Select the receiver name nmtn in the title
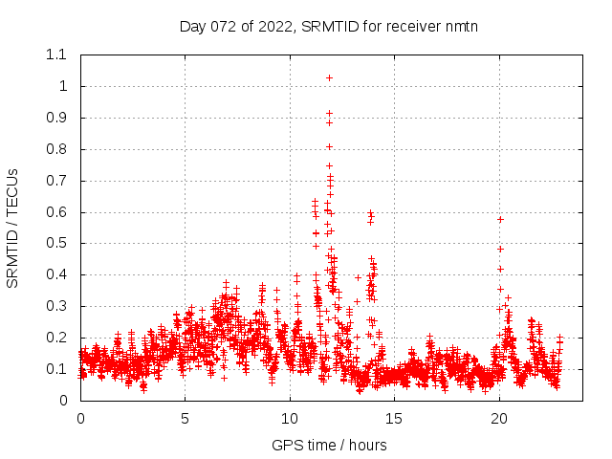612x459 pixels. pos(460,26)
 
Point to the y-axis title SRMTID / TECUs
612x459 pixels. pos(13,228)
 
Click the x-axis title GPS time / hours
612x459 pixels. pos(329,445)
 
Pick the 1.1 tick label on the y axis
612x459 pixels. pos(56,55)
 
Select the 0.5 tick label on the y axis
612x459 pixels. pos(56,243)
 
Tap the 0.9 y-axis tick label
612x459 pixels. pos(56,118)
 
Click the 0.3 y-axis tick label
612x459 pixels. pos(56,306)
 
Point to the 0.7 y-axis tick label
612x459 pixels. pos(56,180)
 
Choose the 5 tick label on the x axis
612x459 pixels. pos(186,418)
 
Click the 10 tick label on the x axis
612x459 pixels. pos(290,418)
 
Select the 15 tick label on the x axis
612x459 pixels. pos(395,418)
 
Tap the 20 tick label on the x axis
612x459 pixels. pos(499,418)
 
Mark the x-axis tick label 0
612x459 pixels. pos(80,418)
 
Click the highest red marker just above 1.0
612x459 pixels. pos(330,77)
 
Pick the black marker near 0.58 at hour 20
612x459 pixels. pos(500,219)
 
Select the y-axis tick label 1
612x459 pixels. pos(63,86)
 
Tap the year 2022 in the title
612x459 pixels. pos(273,26)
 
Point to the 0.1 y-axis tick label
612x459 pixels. pos(56,369)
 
